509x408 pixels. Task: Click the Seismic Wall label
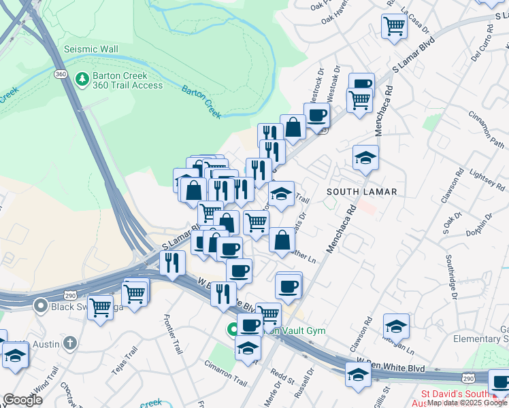(x=91, y=49)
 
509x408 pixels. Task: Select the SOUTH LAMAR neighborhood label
(x=361, y=192)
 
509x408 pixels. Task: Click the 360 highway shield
(x=61, y=73)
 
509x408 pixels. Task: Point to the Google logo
(x=22, y=400)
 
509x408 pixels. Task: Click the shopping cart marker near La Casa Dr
(x=395, y=26)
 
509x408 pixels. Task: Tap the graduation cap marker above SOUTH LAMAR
(x=365, y=158)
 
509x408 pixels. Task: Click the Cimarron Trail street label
(x=225, y=377)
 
